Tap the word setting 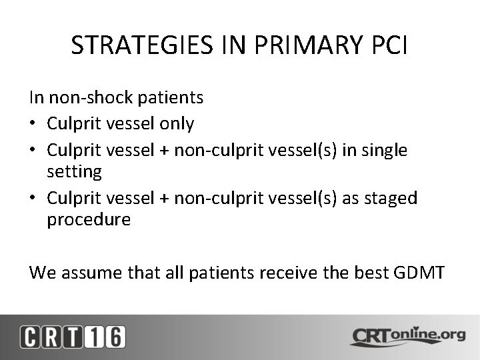tap(74, 173)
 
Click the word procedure tap(89, 220)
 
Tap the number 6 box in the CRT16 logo tap(114, 337)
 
